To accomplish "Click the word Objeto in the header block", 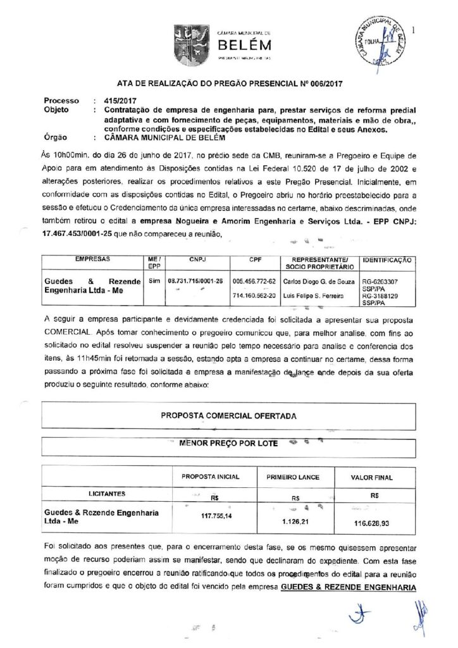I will point(56,109).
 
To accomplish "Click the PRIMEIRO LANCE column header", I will point(293,476).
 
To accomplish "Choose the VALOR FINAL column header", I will point(375,476).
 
